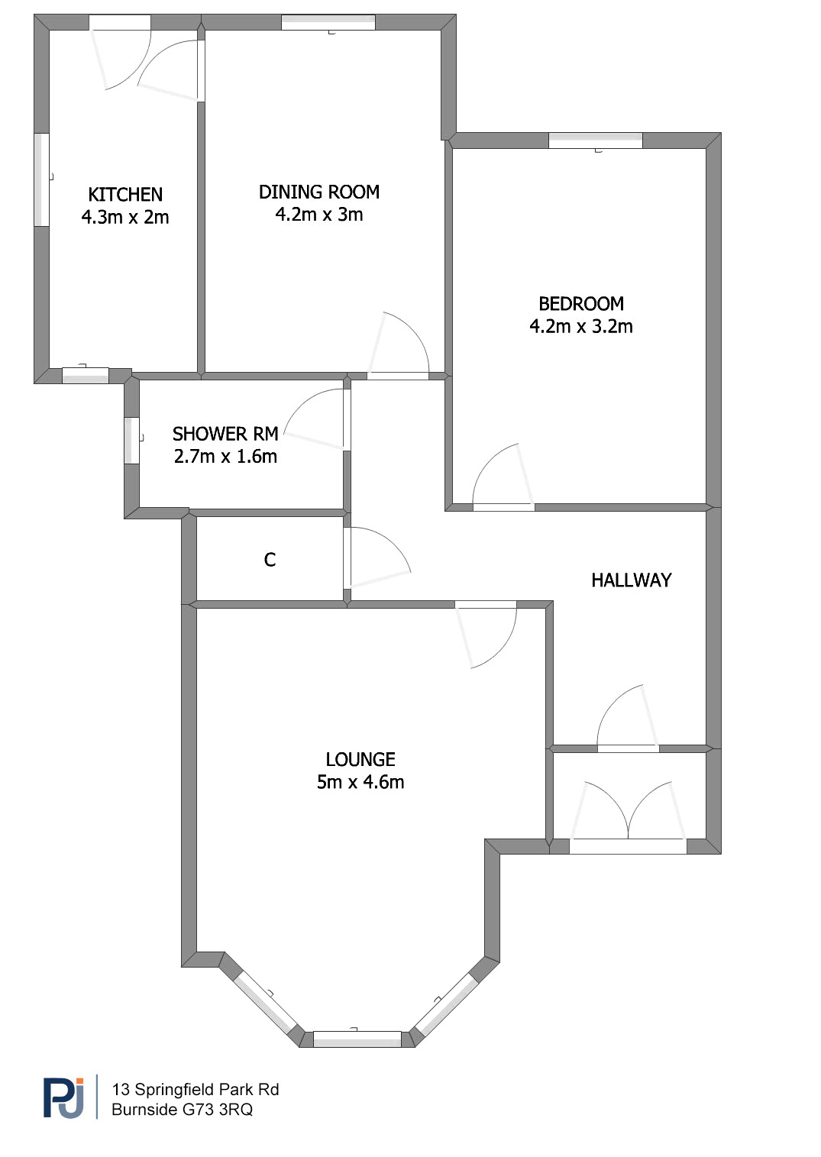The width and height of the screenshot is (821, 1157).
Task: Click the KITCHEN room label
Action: coord(125,195)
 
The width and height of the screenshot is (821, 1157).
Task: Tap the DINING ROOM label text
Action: coord(318,192)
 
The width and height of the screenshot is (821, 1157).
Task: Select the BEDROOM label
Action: coord(581,304)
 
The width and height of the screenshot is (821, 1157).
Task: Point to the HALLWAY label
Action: coord(632,580)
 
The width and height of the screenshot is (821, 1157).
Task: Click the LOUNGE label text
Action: coord(360,759)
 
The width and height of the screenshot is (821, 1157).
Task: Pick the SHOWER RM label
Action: coord(225,434)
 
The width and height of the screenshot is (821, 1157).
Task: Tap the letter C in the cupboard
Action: coord(270,559)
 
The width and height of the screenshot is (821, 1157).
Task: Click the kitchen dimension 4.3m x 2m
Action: coord(125,217)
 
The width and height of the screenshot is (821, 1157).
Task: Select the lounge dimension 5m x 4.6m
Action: coord(360,782)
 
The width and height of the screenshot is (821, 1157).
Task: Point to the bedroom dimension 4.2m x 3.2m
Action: coord(581,326)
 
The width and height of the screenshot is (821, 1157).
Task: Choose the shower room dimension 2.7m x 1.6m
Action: coord(225,457)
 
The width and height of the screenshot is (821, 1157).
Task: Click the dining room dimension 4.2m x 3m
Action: coord(318,215)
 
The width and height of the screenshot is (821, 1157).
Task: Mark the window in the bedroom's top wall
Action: coord(595,141)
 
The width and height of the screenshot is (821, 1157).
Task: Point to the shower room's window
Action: coord(132,441)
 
